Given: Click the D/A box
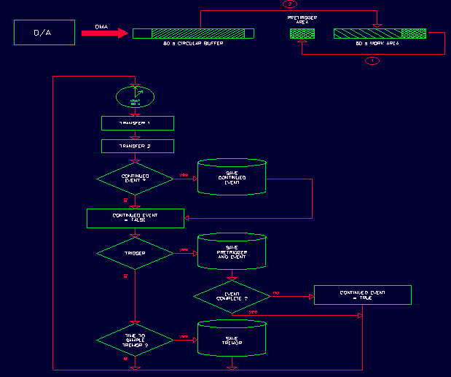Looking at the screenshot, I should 44,33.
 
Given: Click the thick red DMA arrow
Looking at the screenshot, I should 104,33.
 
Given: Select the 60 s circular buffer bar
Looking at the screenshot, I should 193,33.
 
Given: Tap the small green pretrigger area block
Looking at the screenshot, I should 302,33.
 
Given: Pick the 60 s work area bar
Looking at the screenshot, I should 379,33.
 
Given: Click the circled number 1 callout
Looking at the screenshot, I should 372,61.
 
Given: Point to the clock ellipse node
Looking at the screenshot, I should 136,96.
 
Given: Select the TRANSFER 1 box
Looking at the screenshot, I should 137,123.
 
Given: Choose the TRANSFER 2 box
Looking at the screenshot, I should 137,147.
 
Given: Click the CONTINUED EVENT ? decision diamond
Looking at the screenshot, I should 135,178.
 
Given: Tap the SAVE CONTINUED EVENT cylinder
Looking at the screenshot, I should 232,177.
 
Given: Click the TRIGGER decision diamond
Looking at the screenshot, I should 135,252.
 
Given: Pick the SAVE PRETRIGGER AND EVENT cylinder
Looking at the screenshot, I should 232,252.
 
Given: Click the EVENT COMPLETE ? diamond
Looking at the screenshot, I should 232,296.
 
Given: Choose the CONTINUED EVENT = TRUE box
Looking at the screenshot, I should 362,295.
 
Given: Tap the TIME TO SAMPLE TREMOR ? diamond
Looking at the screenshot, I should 135,340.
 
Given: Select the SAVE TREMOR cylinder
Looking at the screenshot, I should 232,338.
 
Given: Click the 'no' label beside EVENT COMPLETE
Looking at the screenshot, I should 276,292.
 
